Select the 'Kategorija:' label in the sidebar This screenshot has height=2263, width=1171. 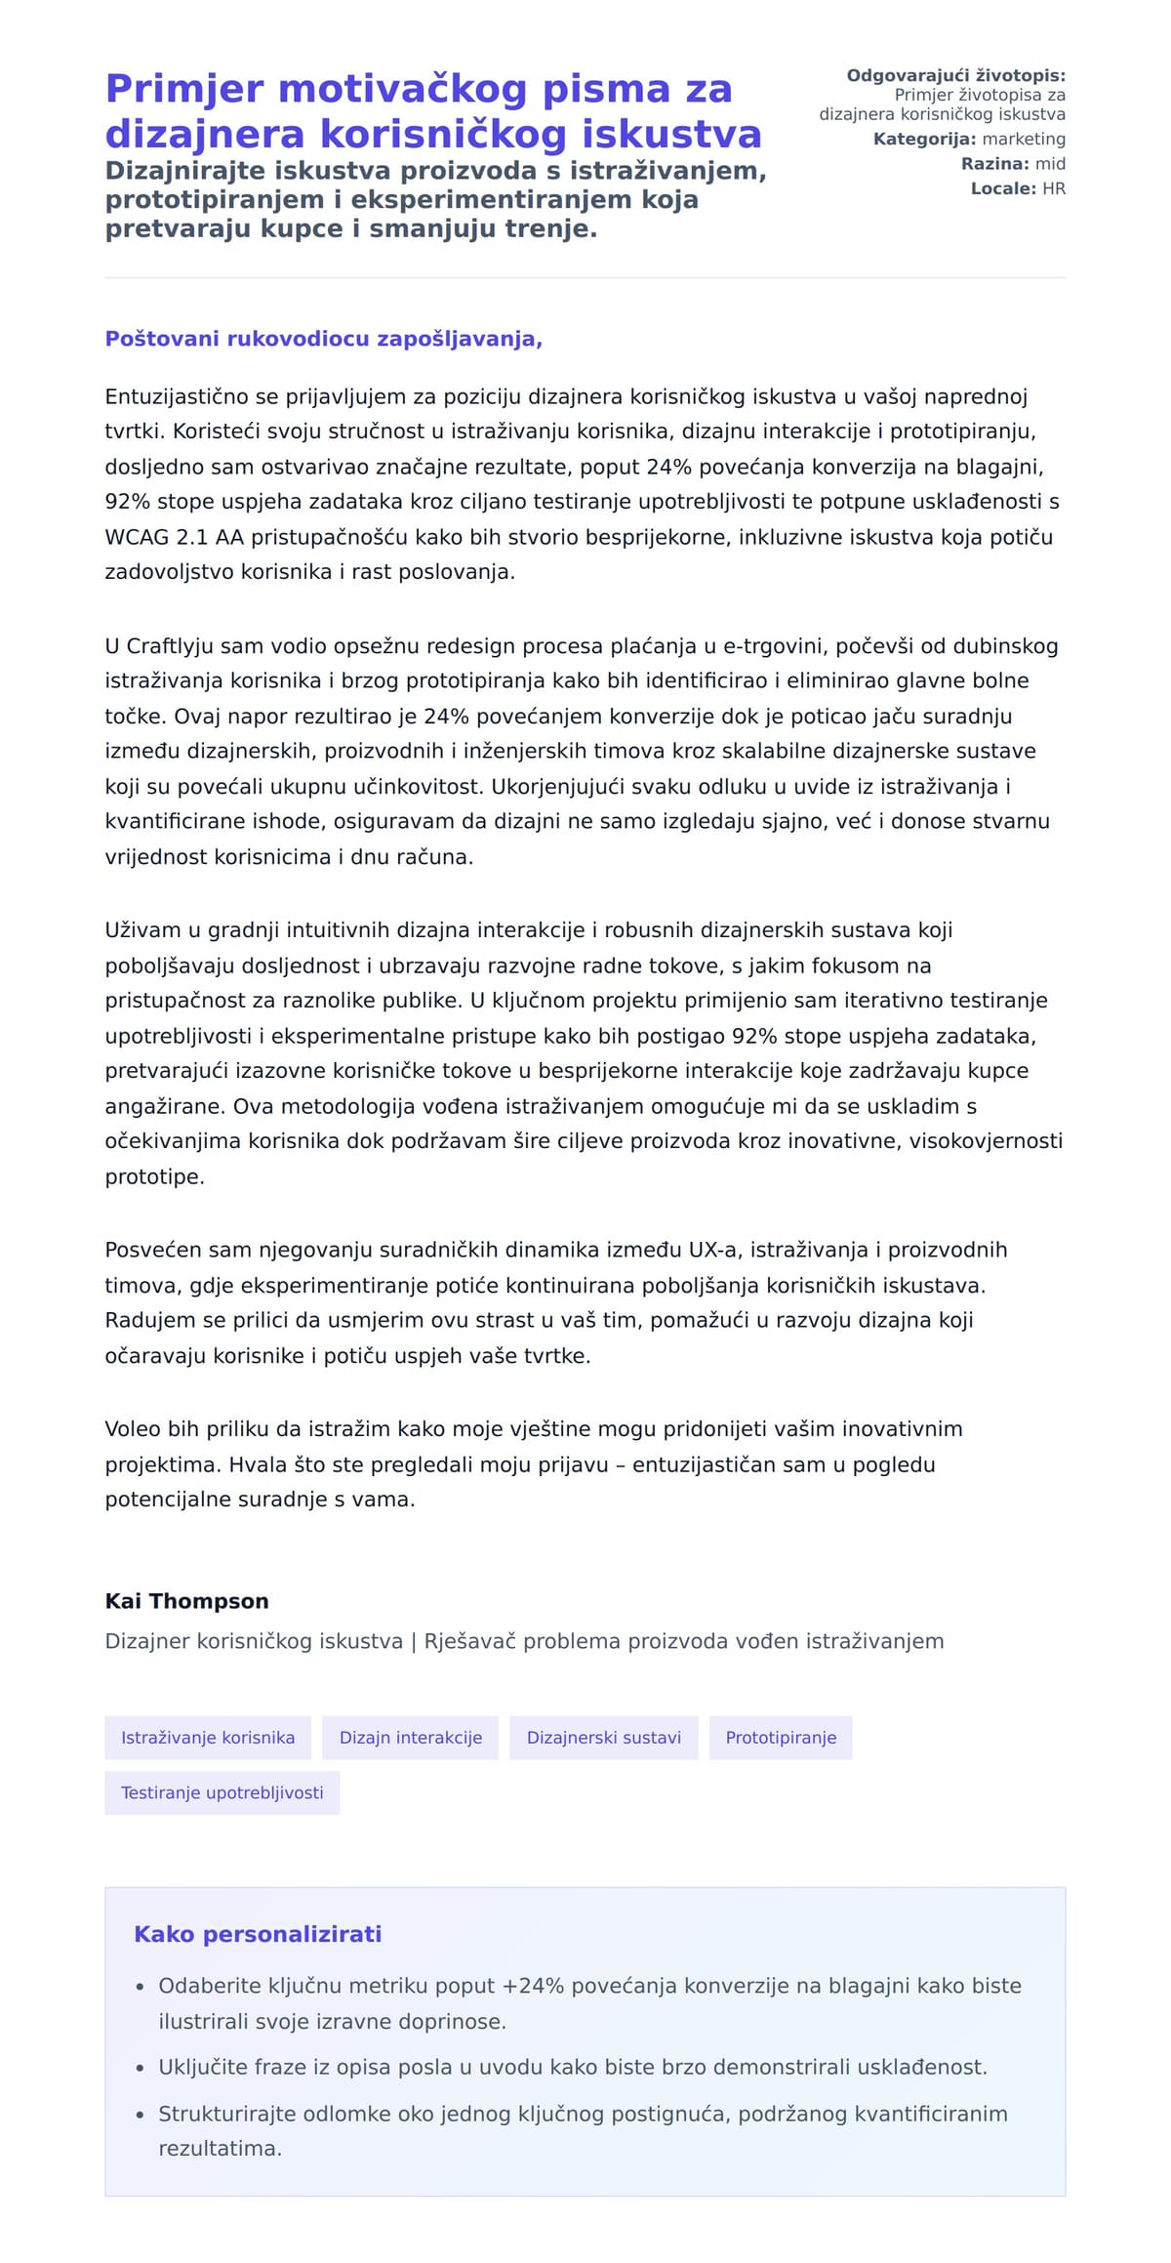tap(924, 140)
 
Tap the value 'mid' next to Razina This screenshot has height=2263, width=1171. tap(1050, 164)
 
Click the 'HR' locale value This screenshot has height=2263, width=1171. tap(1054, 188)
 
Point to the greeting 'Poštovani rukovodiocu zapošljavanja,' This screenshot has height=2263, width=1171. tap(323, 339)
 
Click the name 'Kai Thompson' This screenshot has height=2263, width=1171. tap(186, 1601)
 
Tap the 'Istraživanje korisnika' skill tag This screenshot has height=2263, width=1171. tap(208, 1738)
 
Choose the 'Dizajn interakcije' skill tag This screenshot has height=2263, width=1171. tap(410, 1738)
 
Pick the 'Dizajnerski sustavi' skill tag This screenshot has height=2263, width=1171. tap(603, 1738)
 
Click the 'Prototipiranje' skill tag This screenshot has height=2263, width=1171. tap(781, 1738)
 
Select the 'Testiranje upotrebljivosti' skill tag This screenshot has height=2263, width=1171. tap(222, 1792)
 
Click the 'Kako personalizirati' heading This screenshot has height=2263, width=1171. tap(258, 1934)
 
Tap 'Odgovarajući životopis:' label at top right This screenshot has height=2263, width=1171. tap(955, 76)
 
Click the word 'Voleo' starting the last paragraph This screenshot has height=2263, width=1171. tap(132, 1429)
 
